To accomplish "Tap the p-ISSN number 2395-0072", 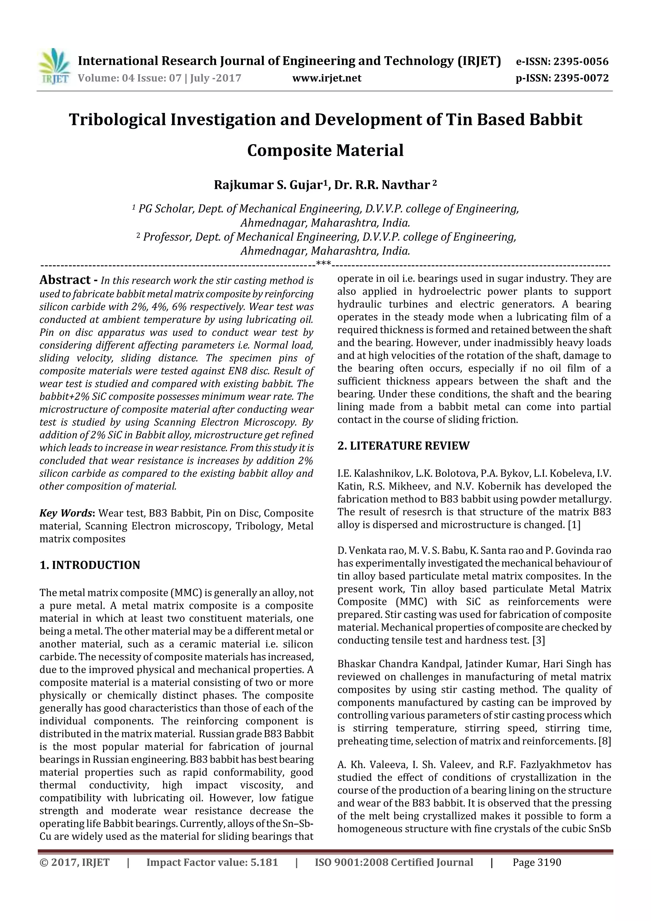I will coord(581,78).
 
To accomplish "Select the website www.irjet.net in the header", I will coord(326,78).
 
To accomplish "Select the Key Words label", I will coord(66,513).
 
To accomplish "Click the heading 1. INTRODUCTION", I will coord(90,565).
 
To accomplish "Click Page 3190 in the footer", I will coord(537,863).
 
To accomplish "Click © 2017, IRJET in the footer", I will coord(75,863).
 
